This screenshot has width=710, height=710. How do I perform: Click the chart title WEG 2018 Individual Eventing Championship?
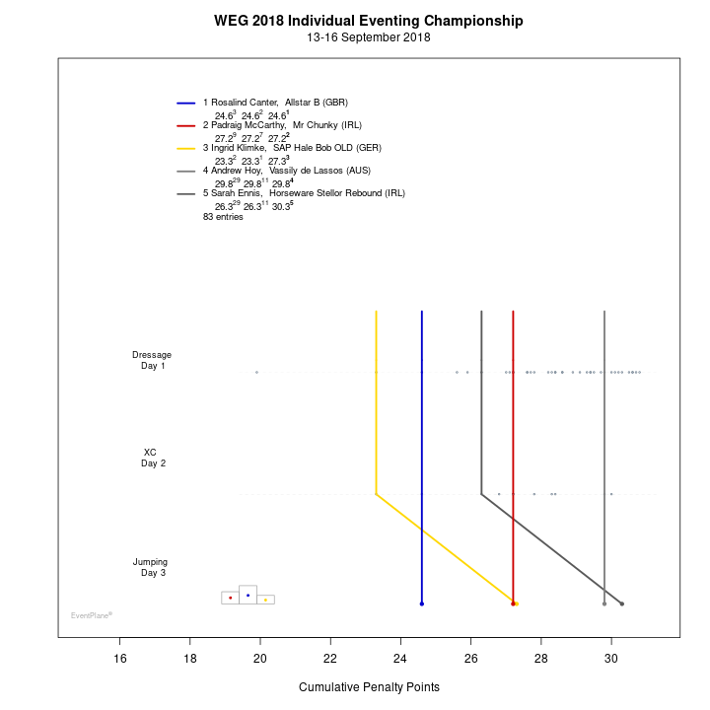(x=369, y=21)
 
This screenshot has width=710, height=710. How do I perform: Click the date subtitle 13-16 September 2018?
(x=369, y=37)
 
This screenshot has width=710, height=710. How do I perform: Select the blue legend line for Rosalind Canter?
(x=186, y=103)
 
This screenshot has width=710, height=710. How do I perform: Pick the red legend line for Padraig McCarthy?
(x=186, y=125)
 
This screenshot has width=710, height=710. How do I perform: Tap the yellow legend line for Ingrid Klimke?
(x=186, y=148)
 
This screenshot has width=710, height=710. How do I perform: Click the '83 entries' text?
(x=223, y=216)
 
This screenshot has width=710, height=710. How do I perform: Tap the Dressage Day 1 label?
(x=152, y=360)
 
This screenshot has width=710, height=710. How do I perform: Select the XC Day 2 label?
(x=152, y=458)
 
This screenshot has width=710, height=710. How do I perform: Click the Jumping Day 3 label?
(x=151, y=567)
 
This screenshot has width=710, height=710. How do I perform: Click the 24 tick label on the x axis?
(x=400, y=660)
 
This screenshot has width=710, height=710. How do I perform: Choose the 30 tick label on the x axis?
(x=611, y=660)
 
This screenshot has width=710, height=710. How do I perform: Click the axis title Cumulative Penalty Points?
(x=369, y=687)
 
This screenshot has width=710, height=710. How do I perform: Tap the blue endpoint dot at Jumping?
(x=421, y=603)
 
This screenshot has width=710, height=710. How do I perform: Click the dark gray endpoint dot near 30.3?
(x=622, y=603)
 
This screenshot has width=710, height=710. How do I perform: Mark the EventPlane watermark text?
(x=91, y=615)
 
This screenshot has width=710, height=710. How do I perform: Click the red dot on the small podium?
(x=230, y=598)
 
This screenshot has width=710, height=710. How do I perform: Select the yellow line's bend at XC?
(x=376, y=494)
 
